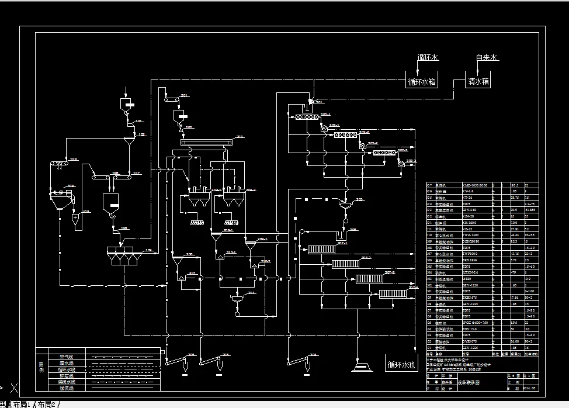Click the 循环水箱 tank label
(x=421, y=82)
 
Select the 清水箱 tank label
(x=477, y=82)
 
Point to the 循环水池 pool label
(x=401, y=365)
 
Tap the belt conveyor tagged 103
(x=60, y=163)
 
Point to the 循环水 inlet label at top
(x=428, y=58)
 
